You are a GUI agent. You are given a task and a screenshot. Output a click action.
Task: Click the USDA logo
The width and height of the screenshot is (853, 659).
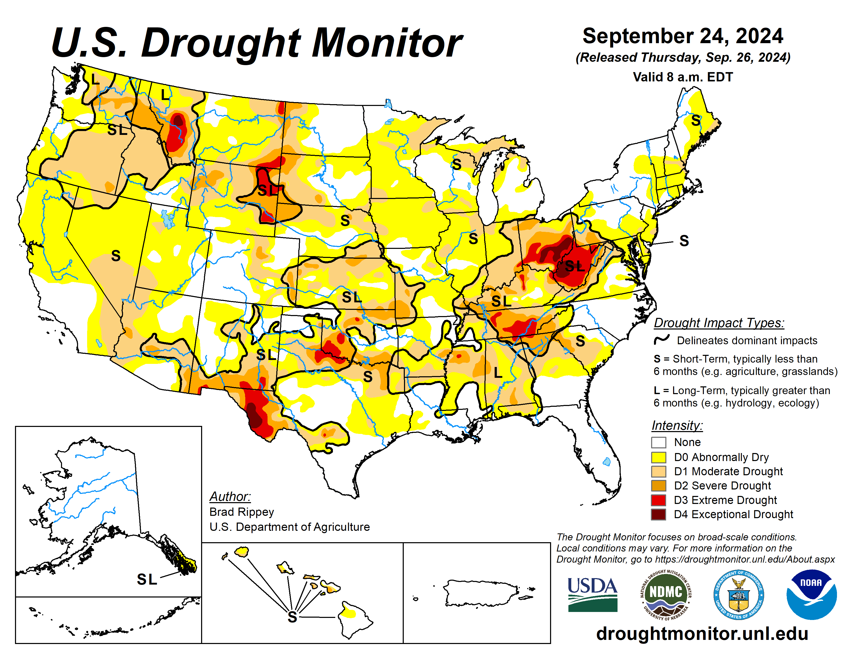point(592,594)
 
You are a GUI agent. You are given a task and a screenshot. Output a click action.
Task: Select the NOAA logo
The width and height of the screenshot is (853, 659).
point(811,594)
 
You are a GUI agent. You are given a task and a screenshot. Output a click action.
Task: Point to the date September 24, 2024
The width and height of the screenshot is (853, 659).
point(683,36)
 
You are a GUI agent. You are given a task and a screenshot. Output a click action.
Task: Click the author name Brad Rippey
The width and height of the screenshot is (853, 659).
point(241,512)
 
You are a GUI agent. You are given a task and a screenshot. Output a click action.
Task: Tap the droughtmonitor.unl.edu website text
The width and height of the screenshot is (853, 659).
point(702,633)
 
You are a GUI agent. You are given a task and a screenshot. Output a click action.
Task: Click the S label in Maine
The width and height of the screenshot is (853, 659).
point(696,120)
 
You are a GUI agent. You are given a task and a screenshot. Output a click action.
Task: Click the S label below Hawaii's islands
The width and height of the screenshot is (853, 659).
point(292,617)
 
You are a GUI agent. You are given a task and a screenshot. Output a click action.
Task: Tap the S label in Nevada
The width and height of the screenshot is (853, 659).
point(116,256)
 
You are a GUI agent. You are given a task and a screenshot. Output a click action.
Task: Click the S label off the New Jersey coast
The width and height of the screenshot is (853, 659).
point(684,241)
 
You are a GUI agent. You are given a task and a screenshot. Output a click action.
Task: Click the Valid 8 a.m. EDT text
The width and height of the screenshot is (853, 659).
point(683,77)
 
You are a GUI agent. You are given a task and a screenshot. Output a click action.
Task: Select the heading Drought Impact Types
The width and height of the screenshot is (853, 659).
point(719,323)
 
